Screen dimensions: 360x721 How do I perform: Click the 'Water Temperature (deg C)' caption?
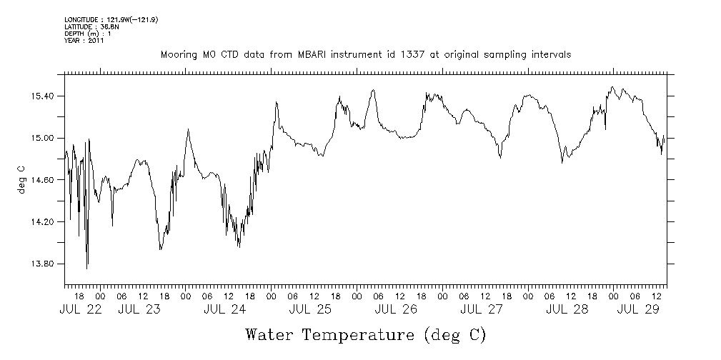tap(366, 334)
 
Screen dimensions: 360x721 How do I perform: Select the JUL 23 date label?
tap(139, 309)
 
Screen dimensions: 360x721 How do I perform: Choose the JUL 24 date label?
tap(224, 309)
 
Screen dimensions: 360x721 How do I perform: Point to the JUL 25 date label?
tap(310, 309)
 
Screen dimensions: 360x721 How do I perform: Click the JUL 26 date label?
tap(396, 309)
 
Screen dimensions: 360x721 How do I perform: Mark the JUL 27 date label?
tap(482, 309)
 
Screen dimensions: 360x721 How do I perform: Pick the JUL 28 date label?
tap(567, 309)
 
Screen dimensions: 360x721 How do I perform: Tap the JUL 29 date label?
tap(637, 309)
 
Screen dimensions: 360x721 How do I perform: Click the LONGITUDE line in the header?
tap(111, 20)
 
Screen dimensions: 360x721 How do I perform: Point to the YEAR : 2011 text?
tap(84, 41)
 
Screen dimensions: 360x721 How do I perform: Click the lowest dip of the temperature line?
tap(87, 268)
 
